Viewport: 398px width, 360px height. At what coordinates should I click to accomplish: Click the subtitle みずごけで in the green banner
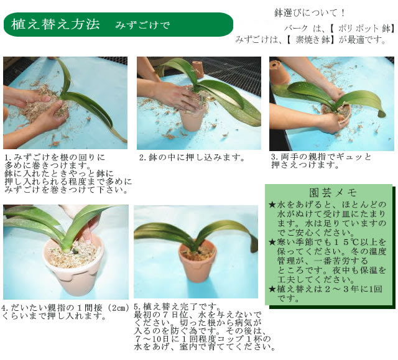pyautogui.click(x=142, y=25)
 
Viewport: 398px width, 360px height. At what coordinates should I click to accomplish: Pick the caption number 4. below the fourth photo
pyautogui.click(x=6, y=307)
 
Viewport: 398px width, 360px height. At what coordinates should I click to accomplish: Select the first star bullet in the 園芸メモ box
pyautogui.click(x=272, y=204)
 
